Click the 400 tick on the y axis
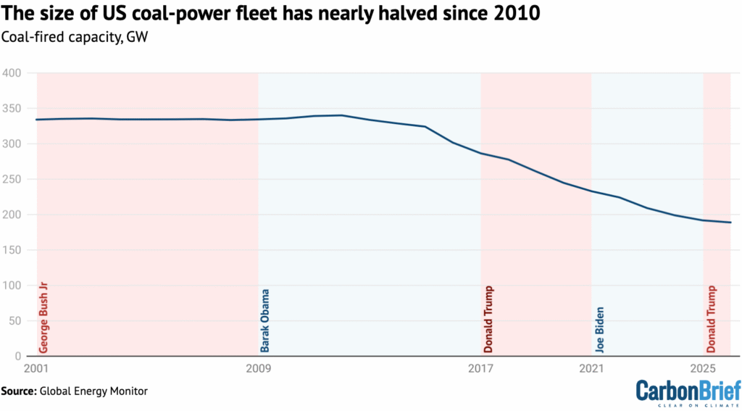[x=13, y=73]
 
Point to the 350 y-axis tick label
[x=13, y=109]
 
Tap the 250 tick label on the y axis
[x=13, y=179]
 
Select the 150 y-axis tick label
[x=13, y=250]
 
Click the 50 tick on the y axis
[x=16, y=321]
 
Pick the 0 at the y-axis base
[x=19, y=356]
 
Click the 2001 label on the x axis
[x=36, y=369]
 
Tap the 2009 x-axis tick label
[x=259, y=369]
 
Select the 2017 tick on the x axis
[x=481, y=369]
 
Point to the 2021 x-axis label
[x=592, y=369]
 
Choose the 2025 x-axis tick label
[x=704, y=369]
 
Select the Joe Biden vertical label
[x=599, y=329]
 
